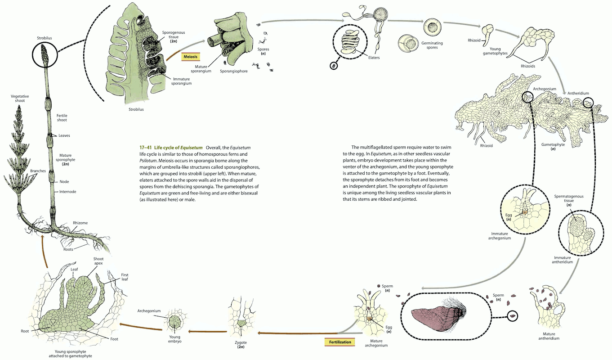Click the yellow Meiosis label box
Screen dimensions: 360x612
[191, 57]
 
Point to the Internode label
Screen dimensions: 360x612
[68, 192]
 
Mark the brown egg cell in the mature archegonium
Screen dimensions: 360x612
[370, 318]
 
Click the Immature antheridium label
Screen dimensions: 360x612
[562, 259]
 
